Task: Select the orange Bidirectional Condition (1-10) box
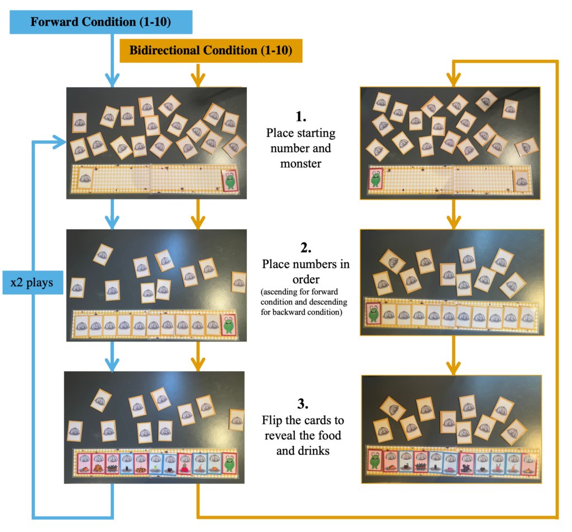click(x=211, y=50)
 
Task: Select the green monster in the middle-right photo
click(x=373, y=313)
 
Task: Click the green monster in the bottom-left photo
click(x=228, y=462)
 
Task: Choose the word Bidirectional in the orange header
click(x=165, y=50)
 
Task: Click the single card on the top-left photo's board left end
click(x=84, y=178)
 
